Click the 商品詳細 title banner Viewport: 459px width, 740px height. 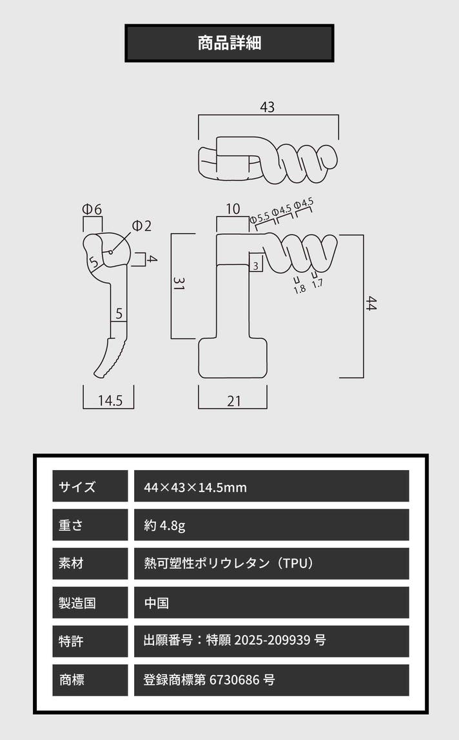(229, 43)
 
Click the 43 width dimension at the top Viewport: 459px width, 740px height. (267, 107)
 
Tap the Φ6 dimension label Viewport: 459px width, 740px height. (92, 209)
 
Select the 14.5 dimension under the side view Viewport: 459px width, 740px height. (110, 400)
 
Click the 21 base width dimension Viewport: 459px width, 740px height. (234, 401)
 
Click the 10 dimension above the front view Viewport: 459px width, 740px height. (233, 209)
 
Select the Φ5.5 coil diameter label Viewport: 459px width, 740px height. (260, 218)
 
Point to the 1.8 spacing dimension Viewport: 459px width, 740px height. (300, 289)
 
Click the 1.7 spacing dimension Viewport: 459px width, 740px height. (317, 283)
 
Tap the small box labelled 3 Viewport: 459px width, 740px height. (256, 265)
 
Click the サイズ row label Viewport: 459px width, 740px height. (77, 486)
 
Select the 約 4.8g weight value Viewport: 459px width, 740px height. (165, 526)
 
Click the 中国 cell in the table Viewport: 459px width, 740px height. (157, 603)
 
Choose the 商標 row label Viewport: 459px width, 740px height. (72, 679)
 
